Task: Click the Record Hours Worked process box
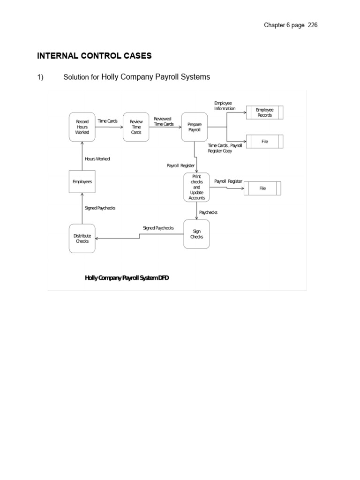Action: (82, 127)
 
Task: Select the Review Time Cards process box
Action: (136, 127)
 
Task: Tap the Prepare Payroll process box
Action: (195, 127)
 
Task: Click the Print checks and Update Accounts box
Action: (196, 187)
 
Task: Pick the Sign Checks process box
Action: (196, 234)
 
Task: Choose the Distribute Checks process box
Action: (82, 239)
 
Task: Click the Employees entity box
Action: (82, 181)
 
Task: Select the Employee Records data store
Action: (264, 112)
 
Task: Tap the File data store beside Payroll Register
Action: (262, 188)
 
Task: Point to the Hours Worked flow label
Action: (97, 159)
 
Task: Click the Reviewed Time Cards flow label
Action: (163, 121)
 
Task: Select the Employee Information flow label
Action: (225, 105)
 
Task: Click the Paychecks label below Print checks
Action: (208, 212)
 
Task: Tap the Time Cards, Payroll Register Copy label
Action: (225, 149)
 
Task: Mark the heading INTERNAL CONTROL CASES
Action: (94, 56)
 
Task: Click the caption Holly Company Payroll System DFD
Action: (127, 278)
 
